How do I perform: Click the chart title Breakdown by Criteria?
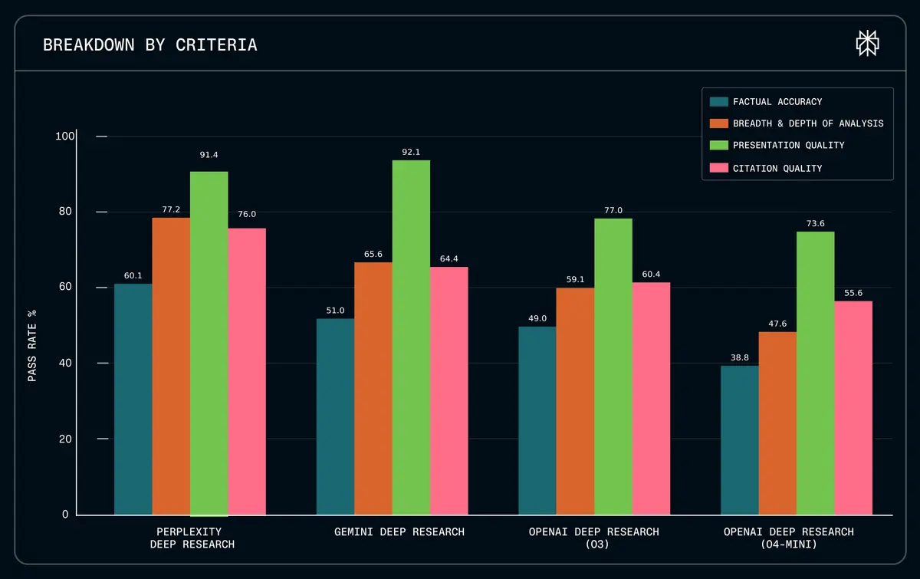point(150,45)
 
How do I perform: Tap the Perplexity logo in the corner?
point(867,44)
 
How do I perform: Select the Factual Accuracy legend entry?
point(777,101)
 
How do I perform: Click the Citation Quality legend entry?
point(777,168)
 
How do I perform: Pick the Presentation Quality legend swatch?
point(718,145)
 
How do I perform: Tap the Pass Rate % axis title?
point(32,345)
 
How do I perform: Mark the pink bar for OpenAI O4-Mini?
point(853,407)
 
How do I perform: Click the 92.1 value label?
point(411,152)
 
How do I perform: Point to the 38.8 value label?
point(739,357)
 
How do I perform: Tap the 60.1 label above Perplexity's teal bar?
point(133,276)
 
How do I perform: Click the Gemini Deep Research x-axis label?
point(399,531)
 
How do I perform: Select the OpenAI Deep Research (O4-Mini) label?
point(788,538)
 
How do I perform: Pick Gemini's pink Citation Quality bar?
point(449,390)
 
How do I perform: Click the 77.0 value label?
point(613,210)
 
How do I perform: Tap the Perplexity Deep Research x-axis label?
point(189,538)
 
